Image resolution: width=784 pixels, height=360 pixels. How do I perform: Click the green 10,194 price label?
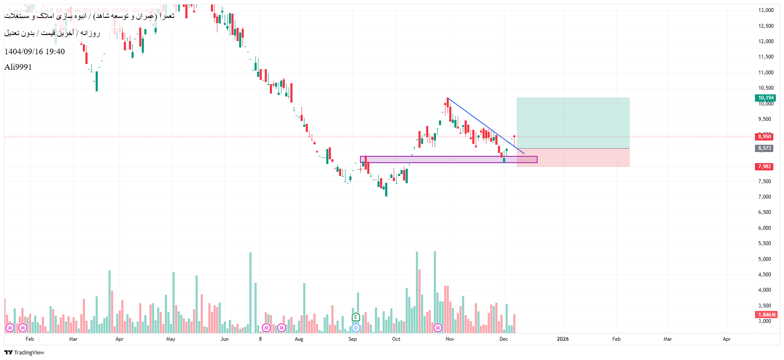[x=765, y=98]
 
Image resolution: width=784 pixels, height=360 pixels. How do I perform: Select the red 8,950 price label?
[x=764, y=137]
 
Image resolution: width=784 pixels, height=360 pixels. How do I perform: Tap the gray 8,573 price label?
[x=764, y=148]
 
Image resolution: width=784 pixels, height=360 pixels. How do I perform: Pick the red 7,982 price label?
[x=764, y=167]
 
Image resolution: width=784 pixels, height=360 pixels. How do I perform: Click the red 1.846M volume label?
[x=766, y=315]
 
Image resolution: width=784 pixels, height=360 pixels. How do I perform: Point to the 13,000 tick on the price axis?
[x=766, y=10]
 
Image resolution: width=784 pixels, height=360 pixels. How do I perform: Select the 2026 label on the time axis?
[x=562, y=339]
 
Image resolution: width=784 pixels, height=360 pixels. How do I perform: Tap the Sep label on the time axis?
[x=352, y=339]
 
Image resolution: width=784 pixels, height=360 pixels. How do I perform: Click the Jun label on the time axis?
[x=225, y=339]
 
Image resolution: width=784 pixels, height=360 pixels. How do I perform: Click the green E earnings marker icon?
[x=356, y=317]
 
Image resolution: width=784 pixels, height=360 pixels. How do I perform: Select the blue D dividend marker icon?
[x=356, y=328]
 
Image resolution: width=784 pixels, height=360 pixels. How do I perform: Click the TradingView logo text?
[x=24, y=352]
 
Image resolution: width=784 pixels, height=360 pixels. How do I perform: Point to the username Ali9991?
[x=18, y=67]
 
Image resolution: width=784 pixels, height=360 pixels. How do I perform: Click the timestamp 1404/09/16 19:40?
[x=35, y=52]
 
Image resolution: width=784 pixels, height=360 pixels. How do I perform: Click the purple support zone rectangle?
[x=448, y=159]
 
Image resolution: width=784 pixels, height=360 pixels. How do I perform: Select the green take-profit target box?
[x=573, y=123]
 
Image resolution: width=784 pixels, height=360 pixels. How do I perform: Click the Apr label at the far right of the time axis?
[x=726, y=339]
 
